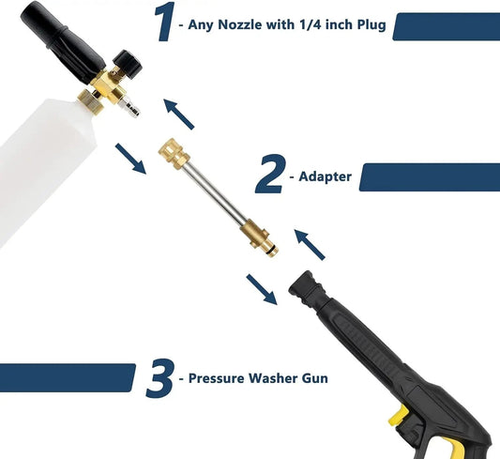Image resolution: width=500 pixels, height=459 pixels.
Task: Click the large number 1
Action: tap(165, 22)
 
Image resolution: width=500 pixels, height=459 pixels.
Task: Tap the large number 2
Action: tap(270, 174)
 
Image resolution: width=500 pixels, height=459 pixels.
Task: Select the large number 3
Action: tap(160, 378)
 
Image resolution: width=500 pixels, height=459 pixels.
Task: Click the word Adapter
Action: tap(325, 176)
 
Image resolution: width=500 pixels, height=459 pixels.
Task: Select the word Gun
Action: tap(315, 378)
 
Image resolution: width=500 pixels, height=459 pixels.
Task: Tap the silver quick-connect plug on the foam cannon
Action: tap(130, 107)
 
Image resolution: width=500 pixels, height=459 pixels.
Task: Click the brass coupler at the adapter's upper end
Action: tap(174, 154)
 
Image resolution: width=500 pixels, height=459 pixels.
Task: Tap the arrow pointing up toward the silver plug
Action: tap(178, 115)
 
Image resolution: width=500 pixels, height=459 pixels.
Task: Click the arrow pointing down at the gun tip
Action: tap(262, 289)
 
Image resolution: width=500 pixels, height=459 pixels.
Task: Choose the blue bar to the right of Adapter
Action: tap(430, 177)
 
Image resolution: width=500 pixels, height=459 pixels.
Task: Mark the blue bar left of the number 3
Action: tap(68, 377)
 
